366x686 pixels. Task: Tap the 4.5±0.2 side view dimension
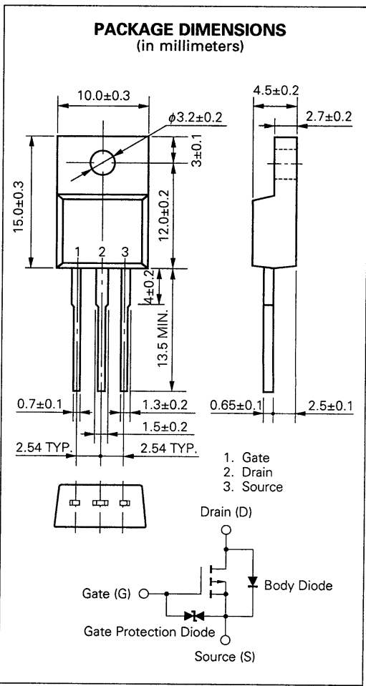276,91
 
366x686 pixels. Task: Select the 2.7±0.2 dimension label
328,117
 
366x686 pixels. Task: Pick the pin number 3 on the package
125,252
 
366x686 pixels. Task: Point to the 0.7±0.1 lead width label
39,406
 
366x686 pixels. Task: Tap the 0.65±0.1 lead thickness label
236,406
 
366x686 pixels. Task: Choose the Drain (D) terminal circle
226,530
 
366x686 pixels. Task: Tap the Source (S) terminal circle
226,639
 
